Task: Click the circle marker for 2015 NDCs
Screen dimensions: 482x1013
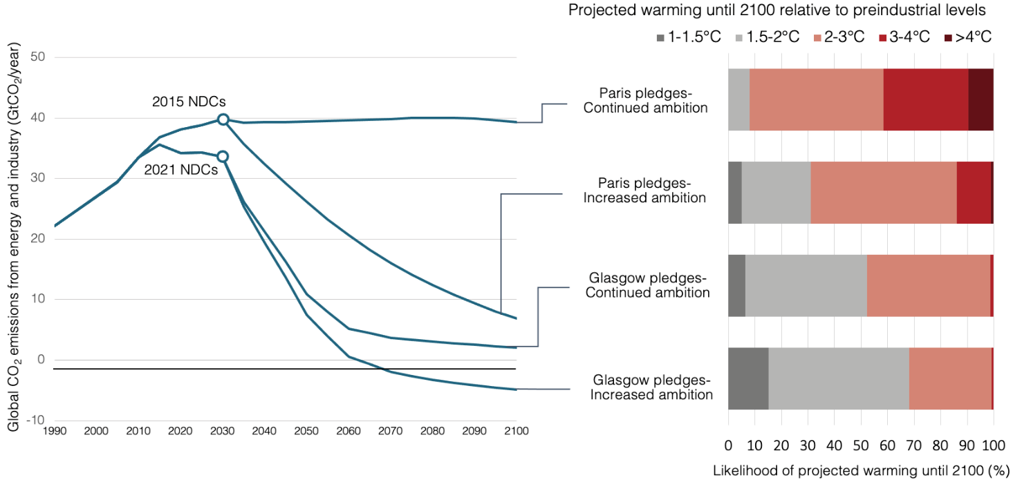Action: click(223, 119)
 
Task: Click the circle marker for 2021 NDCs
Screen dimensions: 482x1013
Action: click(223, 156)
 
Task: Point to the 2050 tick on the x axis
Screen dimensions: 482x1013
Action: click(306, 430)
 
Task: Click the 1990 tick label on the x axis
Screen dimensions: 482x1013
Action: click(54, 430)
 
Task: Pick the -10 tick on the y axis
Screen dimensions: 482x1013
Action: click(37, 420)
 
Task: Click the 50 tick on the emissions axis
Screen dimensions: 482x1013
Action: click(37, 57)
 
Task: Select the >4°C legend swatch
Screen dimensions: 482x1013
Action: click(948, 37)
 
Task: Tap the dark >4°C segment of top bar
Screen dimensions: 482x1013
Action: click(981, 99)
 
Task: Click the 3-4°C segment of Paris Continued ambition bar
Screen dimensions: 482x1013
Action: click(925, 99)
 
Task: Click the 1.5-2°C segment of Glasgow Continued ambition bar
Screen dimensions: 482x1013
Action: click(806, 285)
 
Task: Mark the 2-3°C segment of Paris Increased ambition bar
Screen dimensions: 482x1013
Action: click(883, 193)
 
